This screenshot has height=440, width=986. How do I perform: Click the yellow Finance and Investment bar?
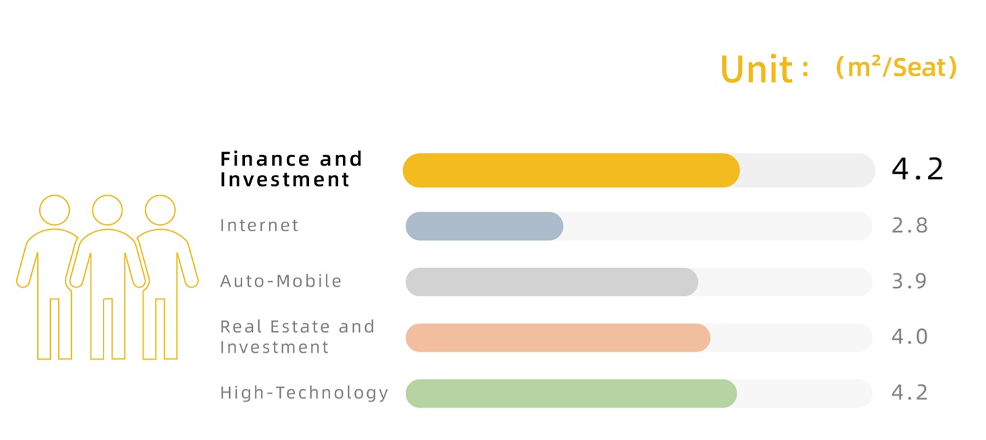pos(571,170)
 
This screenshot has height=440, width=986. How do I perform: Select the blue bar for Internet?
pos(484,226)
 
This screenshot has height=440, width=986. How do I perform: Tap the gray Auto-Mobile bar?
pos(552,282)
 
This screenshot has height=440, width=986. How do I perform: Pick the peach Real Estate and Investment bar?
pos(558,337)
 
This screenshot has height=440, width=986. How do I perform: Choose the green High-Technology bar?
pos(571,393)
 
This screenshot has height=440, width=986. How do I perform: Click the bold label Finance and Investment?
pos(291,170)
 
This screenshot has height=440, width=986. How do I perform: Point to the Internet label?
pos(259,225)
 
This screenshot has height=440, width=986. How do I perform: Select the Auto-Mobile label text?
pos(281,280)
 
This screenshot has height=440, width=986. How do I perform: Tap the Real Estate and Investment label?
pos(297,337)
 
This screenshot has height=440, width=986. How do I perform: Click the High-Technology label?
pos(304,393)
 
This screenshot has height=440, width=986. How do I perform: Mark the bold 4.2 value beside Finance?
pos(917,169)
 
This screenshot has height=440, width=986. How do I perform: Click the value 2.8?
pos(910,225)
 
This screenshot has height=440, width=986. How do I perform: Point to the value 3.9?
pos(910,280)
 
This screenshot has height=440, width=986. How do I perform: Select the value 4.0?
pos(910,337)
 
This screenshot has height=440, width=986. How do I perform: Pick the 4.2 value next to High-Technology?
pos(910,392)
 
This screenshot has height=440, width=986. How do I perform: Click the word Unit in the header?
pos(757,69)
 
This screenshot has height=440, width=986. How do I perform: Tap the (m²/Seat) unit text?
pos(896,68)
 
